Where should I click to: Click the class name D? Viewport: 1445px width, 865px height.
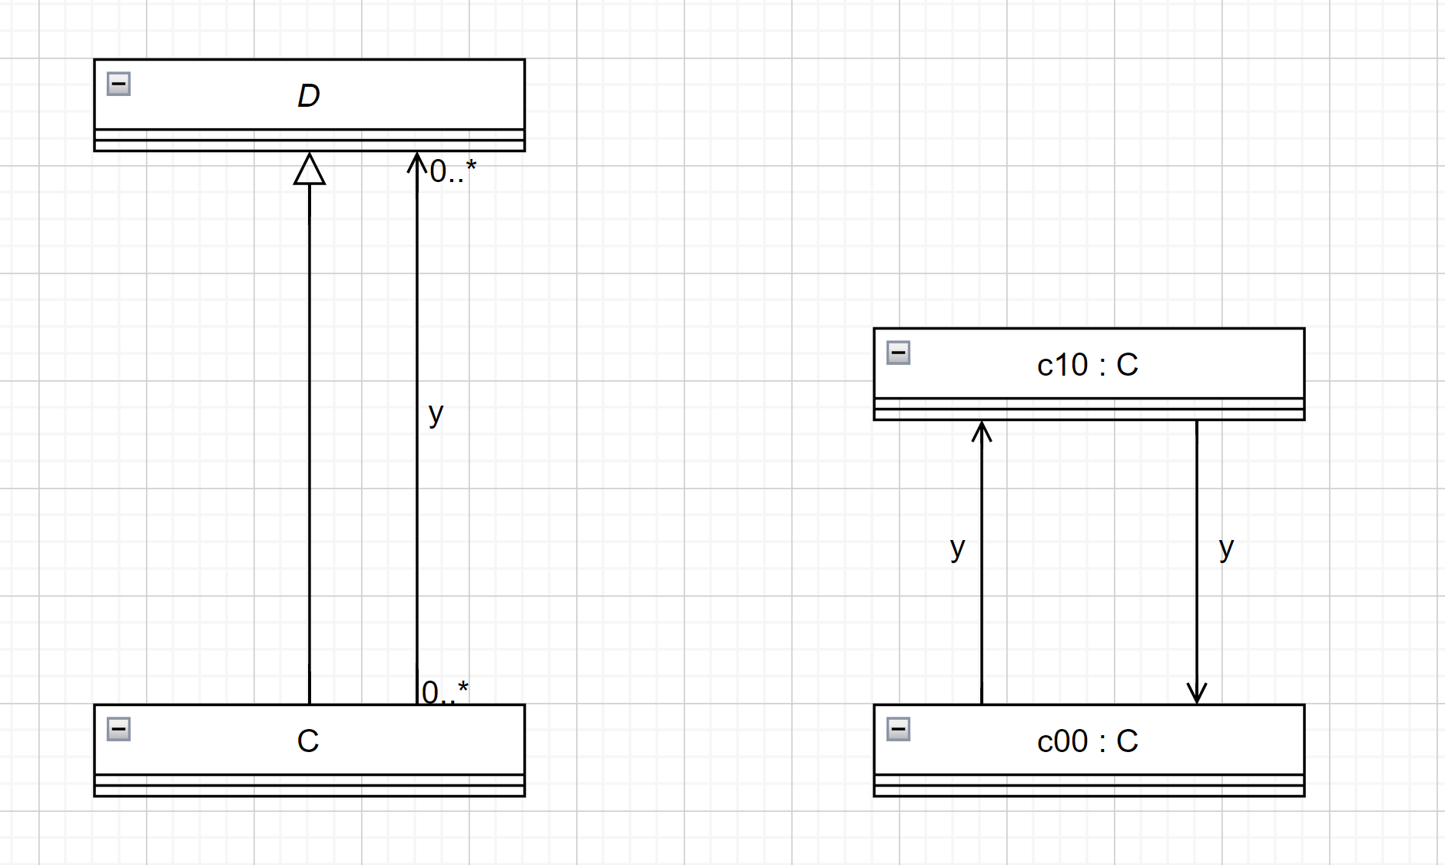[309, 96]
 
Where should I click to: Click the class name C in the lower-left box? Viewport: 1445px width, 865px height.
[308, 741]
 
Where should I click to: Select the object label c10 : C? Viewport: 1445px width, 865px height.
[1088, 365]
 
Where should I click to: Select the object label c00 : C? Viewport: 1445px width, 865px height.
[1088, 741]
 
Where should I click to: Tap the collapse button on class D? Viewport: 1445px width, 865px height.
[119, 84]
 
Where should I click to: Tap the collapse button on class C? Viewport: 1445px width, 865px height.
[119, 729]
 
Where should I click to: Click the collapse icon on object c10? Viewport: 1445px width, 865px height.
[899, 353]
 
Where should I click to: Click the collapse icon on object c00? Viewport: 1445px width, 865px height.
[899, 729]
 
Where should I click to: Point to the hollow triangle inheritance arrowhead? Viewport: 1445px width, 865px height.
[310, 170]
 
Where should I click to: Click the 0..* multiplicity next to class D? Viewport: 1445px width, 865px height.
[452, 171]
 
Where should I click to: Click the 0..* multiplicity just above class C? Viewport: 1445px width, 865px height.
[445, 691]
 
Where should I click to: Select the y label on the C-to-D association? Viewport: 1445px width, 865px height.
[436, 413]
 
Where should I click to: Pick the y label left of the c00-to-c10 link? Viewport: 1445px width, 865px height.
[957, 548]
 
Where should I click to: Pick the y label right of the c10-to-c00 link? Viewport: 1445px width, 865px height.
[1226, 548]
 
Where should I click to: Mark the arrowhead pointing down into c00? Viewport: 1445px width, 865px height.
[1197, 694]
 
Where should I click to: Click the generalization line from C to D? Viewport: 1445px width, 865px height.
[310, 446]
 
